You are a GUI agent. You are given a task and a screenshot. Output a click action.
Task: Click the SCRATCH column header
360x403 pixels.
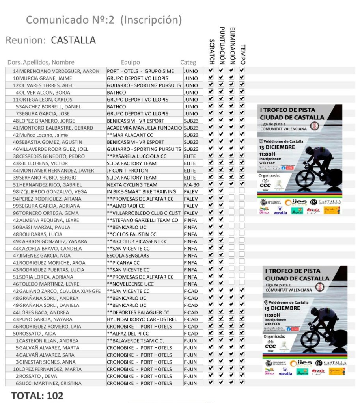coord(211,52)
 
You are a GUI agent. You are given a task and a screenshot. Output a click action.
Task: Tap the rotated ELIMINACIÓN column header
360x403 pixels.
coord(232,46)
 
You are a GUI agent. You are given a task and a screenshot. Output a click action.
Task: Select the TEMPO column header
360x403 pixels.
coord(242,54)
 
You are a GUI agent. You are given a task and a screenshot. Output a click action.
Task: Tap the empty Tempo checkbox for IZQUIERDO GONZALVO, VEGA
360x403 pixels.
coord(242,191)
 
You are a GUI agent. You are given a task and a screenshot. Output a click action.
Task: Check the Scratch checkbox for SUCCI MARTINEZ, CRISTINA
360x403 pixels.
coord(211,383)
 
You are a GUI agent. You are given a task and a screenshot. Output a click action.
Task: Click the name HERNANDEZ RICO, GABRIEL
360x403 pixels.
coord(50,185)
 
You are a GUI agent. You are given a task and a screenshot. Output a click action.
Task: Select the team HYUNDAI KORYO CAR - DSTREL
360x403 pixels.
coord(142,319)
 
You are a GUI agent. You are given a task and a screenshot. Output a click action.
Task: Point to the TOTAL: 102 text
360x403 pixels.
coord(37,396)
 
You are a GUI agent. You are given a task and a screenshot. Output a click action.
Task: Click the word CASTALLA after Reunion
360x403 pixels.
coord(73,40)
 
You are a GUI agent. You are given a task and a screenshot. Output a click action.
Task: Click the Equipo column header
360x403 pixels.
coord(130,62)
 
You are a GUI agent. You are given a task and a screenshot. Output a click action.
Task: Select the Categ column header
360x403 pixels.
coord(188,62)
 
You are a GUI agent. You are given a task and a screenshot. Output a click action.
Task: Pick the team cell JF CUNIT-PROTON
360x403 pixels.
coord(127,171)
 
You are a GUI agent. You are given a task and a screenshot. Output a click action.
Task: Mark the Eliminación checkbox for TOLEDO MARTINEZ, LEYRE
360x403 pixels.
coord(231,284)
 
